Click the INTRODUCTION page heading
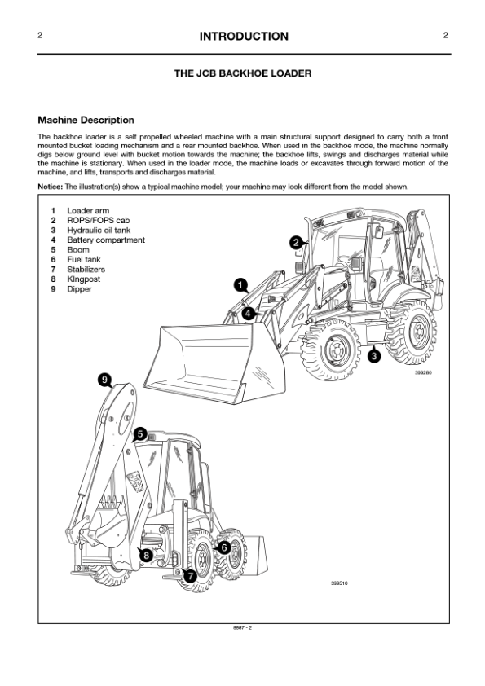244,37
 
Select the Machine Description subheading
86,120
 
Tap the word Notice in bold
50,187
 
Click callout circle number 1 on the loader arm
240,285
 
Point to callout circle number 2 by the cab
296,243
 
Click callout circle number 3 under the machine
373,356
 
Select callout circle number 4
248,313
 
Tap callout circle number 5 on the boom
139,434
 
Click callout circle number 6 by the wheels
223,547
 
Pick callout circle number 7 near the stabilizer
190,577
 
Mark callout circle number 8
146,556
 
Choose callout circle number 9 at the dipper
104,380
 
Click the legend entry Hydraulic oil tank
99,230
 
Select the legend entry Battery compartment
106,240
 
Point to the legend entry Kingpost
84,279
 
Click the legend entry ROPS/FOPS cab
99,221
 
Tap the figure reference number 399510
339,583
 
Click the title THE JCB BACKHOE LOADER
243,73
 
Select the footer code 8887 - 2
243,628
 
